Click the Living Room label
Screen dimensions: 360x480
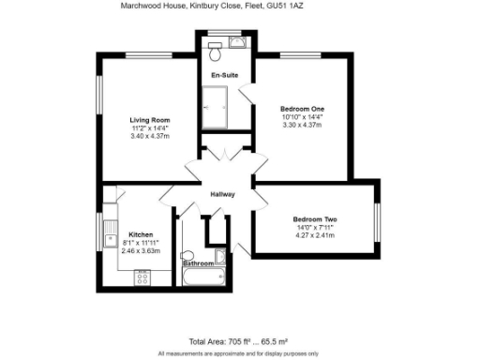pos(149,120)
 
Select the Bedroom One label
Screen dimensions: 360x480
pos(302,110)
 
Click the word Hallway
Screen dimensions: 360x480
pos(222,195)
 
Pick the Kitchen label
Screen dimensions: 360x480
pos(141,234)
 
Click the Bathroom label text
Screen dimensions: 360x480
pos(198,263)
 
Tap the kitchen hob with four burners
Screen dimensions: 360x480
pos(143,277)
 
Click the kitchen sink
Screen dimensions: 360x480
pos(110,232)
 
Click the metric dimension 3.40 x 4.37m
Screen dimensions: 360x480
pos(149,137)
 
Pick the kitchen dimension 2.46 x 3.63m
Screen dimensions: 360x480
pos(141,251)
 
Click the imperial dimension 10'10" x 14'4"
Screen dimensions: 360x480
pos(302,118)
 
